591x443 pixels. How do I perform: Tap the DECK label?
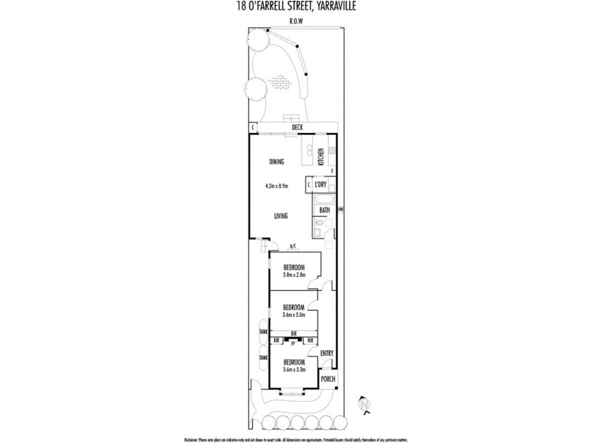[x=297, y=128]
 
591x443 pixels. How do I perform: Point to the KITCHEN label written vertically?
[x=321, y=157]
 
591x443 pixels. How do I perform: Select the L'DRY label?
[x=321, y=185]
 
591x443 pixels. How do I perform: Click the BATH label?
[x=324, y=210]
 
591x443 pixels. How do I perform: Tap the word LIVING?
[x=281, y=216]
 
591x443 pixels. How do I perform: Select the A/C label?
[x=293, y=246]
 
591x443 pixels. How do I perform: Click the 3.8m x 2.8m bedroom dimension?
[x=293, y=275]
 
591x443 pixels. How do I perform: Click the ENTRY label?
[x=327, y=353]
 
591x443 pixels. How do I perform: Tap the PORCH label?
[x=328, y=379]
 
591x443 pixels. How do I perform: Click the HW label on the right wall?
[x=341, y=210]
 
